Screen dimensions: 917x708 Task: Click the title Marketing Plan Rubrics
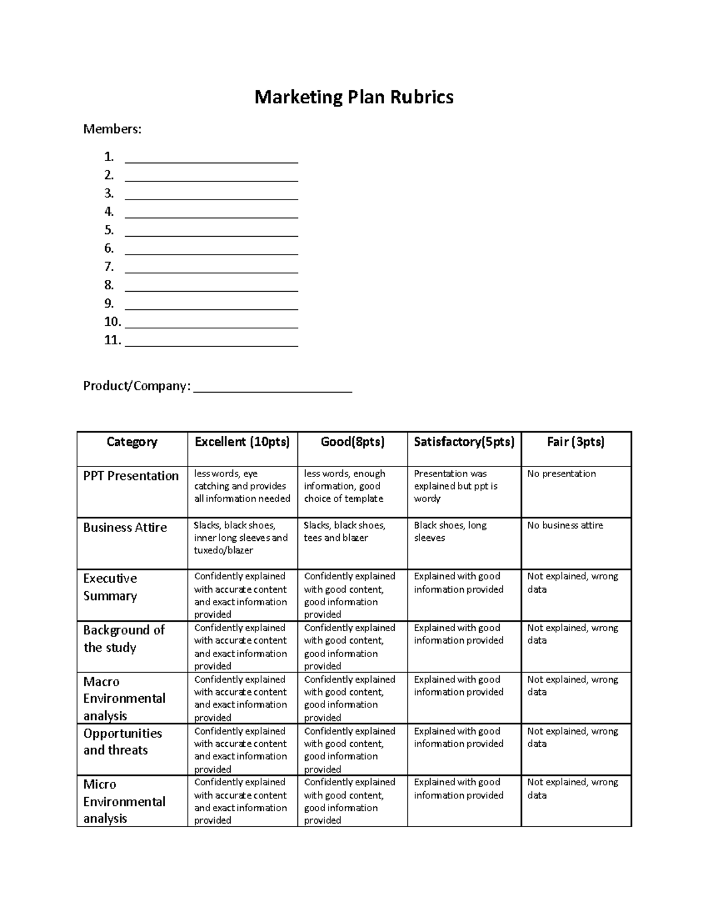(354, 97)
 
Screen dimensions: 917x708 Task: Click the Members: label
(112, 129)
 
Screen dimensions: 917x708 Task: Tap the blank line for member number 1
(211, 158)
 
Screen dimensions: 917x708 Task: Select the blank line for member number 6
(211, 250)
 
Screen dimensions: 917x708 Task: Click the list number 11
(112, 340)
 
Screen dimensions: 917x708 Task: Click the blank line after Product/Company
(273, 387)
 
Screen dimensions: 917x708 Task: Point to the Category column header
(132, 442)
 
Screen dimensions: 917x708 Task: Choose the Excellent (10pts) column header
(242, 442)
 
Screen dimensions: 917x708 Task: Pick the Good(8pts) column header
(352, 442)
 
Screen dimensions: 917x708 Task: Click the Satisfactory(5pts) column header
(464, 442)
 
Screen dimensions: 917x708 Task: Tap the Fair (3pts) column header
(575, 442)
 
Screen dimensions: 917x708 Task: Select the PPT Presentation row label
(131, 476)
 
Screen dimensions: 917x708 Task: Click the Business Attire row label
(125, 527)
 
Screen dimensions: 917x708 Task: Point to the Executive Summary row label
(110, 587)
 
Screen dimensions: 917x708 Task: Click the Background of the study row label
(124, 638)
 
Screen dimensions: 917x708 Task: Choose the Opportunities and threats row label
(122, 742)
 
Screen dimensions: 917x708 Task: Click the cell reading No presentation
(561, 474)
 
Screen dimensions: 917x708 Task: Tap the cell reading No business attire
(565, 525)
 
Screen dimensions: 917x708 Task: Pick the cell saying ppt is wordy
(455, 486)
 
